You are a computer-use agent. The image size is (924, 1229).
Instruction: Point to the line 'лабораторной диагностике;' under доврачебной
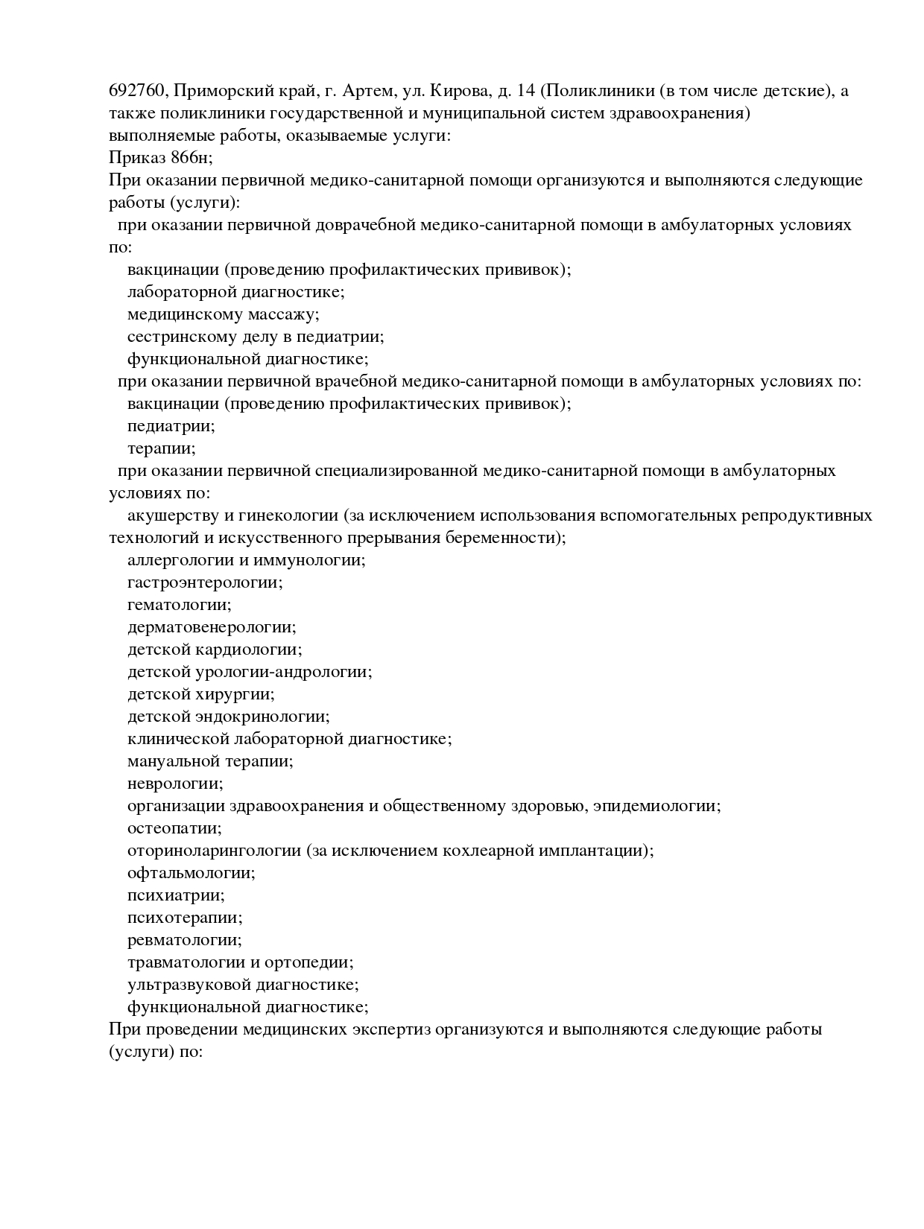click(x=235, y=292)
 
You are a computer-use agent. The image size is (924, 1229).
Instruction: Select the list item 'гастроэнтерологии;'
click(x=205, y=582)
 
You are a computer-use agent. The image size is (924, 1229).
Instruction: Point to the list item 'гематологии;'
click(x=179, y=605)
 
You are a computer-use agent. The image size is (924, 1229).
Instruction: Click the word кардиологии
click(x=258, y=650)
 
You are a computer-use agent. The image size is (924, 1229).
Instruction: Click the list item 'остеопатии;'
click(x=174, y=828)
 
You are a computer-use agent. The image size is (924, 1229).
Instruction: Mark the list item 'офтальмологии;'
click(x=191, y=873)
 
